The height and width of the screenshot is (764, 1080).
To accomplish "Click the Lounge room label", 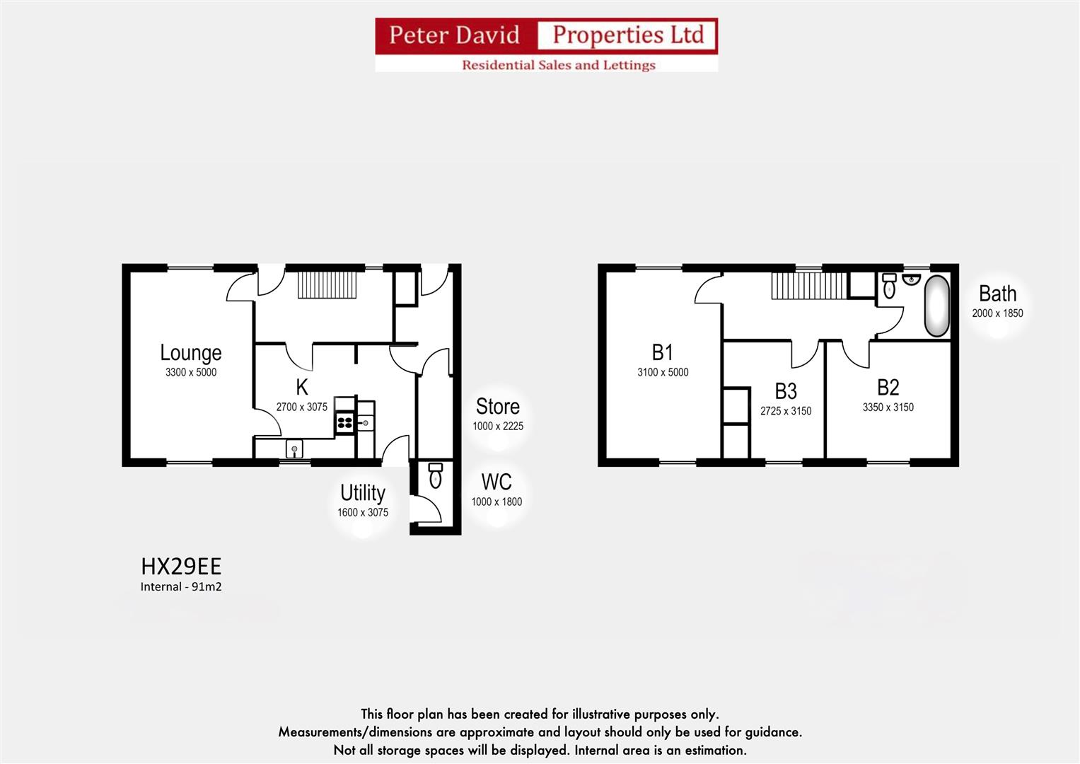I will pyautogui.click(x=190, y=352).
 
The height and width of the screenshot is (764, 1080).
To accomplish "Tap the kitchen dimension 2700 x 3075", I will pyautogui.click(x=301, y=407).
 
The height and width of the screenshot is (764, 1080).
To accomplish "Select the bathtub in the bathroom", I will pyautogui.click(x=937, y=306).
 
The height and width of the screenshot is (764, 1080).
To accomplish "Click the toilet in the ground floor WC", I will pyautogui.click(x=436, y=477).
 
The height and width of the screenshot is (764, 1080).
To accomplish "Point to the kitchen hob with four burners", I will pyautogui.click(x=344, y=423).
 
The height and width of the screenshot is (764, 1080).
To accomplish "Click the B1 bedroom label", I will pyautogui.click(x=662, y=352).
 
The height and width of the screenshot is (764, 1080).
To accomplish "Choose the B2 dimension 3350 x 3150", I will pyautogui.click(x=888, y=407).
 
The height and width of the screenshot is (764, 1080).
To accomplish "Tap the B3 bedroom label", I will pyautogui.click(x=785, y=391).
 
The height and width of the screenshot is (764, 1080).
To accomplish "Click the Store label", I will pyautogui.click(x=497, y=407).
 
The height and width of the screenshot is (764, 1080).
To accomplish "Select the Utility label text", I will pyautogui.click(x=362, y=493).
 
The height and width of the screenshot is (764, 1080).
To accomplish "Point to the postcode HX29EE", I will pyautogui.click(x=181, y=567).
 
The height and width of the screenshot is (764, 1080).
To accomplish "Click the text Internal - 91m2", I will pyautogui.click(x=181, y=586).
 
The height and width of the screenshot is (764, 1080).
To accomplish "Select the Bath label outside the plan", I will pyautogui.click(x=997, y=294).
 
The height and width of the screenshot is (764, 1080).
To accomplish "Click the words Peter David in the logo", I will pyautogui.click(x=454, y=35).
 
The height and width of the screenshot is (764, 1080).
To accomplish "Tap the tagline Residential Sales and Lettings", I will pyautogui.click(x=558, y=65).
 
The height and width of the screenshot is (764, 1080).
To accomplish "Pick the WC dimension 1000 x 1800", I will pyautogui.click(x=497, y=502).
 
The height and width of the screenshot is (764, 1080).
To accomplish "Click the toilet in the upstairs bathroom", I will pyautogui.click(x=890, y=286).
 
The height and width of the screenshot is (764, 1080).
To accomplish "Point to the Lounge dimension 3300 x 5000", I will pyautogui.click(x=190, y=373).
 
